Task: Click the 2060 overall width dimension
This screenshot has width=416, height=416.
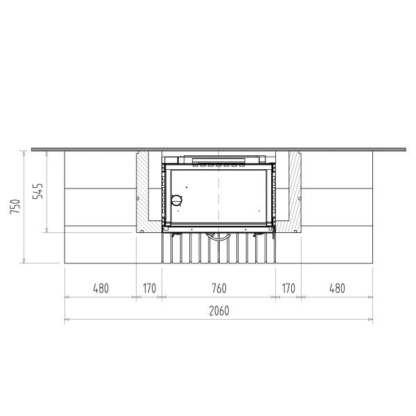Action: tap(219, 311)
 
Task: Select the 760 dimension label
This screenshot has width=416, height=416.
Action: tap(219, 288)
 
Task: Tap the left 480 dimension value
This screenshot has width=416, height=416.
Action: tap(101, 288)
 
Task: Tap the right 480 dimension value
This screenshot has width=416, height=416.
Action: tap(337, 288)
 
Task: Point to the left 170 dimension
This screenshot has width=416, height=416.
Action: tap(149, 288)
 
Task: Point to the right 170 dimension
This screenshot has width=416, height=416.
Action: tap(288, 288)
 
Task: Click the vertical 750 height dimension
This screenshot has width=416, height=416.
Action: tap(15, 207)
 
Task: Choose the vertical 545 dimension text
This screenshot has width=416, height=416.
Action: tap(37, 191)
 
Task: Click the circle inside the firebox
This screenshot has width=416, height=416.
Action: tap(176, 200)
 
